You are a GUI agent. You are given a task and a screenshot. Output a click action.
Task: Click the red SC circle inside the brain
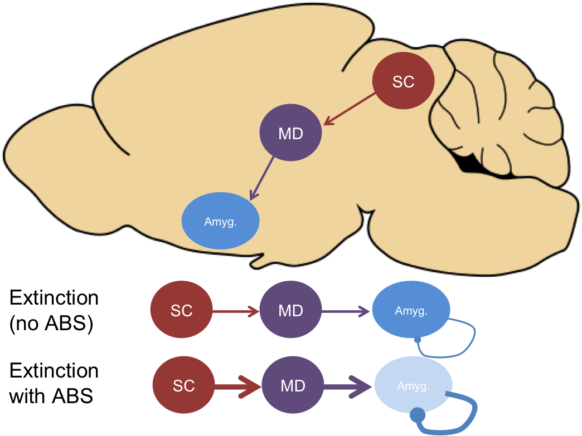pyautogui.click(x=403, y=81)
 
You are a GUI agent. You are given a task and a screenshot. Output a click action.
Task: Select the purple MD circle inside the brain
pyautogui.click(x=290, y=134)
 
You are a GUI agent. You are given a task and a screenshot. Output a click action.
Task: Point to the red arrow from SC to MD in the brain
pyautogui.click(x=350, y=109)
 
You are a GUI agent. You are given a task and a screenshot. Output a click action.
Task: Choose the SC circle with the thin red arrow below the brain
pyautogui.click(x=181, y=311)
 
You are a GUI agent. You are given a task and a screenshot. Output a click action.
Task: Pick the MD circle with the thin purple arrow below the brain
pyautogui.click(x=290, y=311)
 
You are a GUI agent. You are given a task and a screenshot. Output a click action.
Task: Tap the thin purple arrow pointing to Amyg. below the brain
pyautogui.click(x=346, y=311)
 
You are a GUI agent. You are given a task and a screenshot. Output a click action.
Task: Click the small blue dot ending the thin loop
pyautogui.click(x=418, y=340)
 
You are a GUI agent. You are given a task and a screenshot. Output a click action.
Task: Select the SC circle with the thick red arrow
pyautogui.click(x=183, y=386)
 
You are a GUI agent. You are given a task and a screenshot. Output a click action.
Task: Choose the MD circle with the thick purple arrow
pyautogui.click(x=293, y=386)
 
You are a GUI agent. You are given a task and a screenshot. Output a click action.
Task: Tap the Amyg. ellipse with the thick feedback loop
pyautogui.click(x=413, y=385)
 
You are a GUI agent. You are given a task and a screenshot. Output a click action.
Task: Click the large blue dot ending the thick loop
pyautogui.click(x=417, y=415)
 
